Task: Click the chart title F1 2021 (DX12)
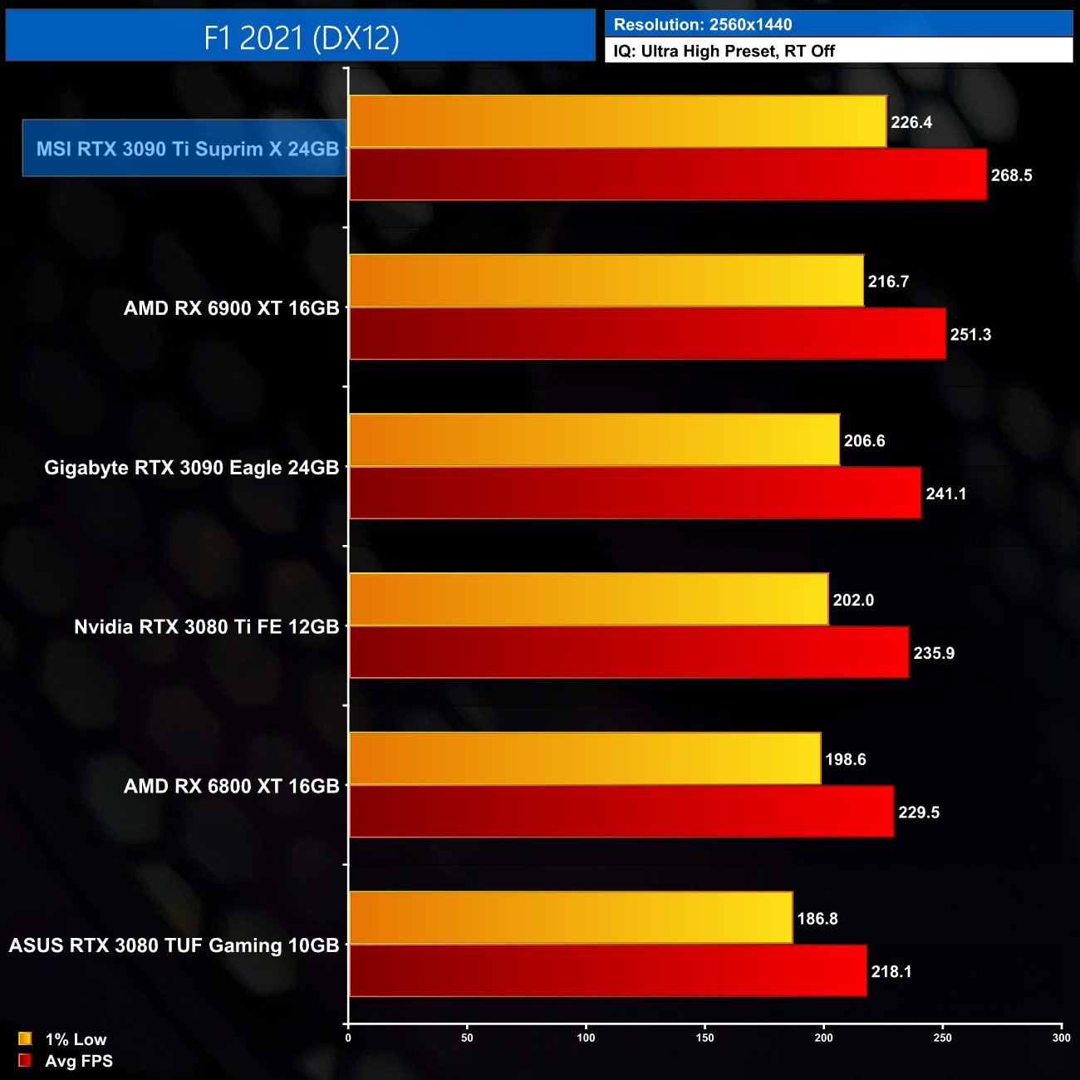point(301,37)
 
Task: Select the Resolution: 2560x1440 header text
point(703,25)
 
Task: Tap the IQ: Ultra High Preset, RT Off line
point(724,51)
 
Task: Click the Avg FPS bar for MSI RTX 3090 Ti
point(668,174)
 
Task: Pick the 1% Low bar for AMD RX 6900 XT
point(606,281)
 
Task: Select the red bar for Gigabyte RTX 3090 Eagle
point(635,493)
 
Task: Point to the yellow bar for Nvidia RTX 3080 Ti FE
point(589,599)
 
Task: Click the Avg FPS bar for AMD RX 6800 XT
point(621,812)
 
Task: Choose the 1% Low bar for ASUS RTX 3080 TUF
point(571,918)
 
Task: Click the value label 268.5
point(1011,175)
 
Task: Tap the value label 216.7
point(888,282)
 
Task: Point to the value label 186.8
point(817,919)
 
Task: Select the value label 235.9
point(934,653)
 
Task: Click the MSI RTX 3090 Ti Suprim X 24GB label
point(187,149)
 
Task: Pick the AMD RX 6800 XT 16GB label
point(231,786)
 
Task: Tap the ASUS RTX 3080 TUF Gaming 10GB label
point(174,945)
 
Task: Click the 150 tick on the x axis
point(704,1038)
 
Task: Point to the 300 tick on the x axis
point(1061,1038)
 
